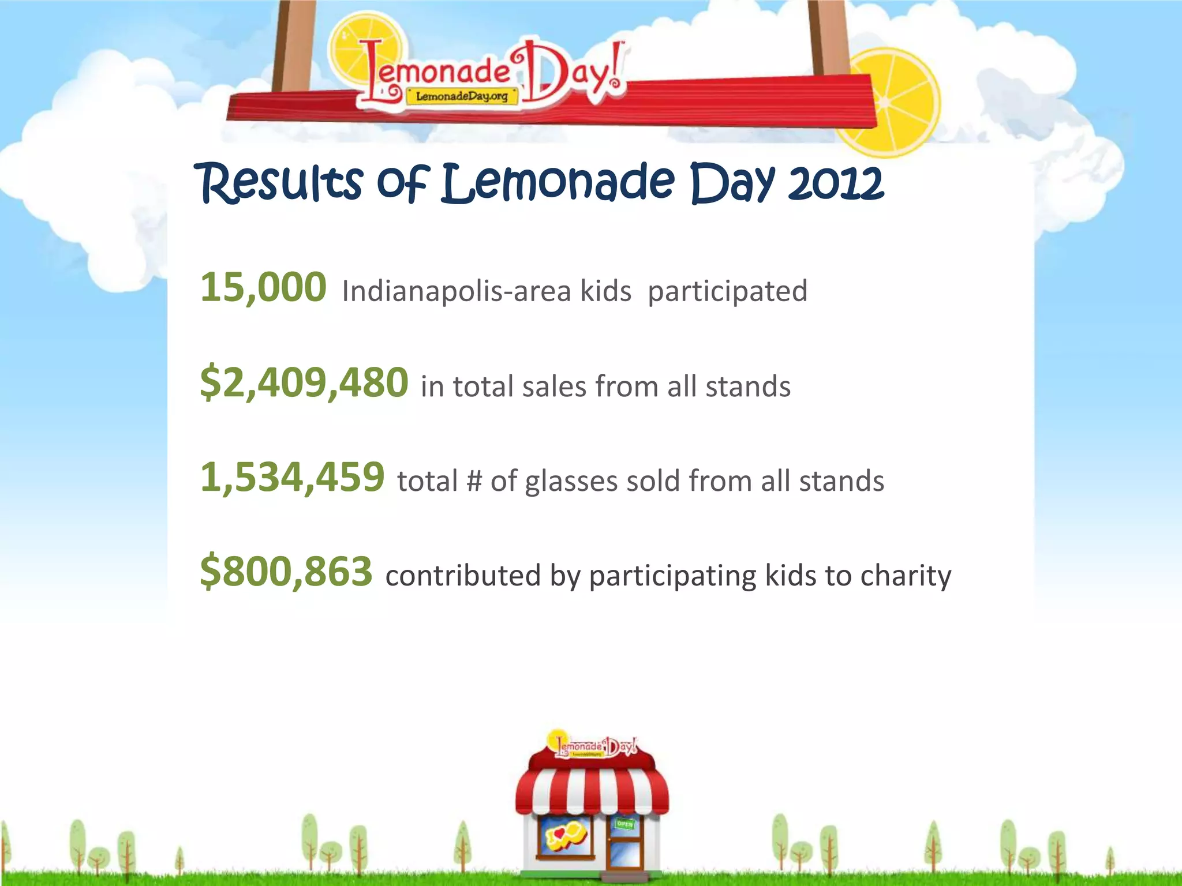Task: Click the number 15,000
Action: (x=263, y=287)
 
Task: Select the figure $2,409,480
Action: (x=304, y=383)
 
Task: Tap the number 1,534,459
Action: (x=292, y=478)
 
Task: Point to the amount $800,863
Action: (x=286, y=572)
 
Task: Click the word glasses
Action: (x=571, y=481)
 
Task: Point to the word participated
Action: (x=727, y=291)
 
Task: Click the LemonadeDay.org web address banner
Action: (x=462, y=96)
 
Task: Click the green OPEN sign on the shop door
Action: (x=624, y=824)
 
